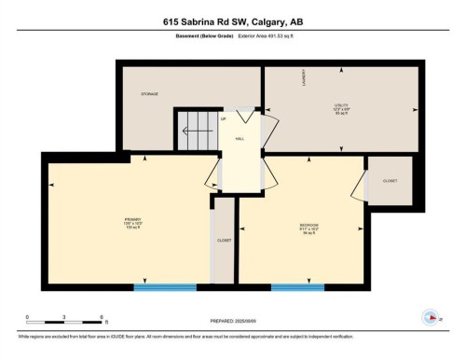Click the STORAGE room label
point(149,94)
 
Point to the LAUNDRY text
point(302,78)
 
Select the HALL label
point(240,139)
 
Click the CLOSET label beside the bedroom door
point(390,180)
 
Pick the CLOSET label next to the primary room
point(224,240)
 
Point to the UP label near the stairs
point(223,118)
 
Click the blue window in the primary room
point(165,287)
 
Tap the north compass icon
point(430,315)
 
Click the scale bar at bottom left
point(64,322)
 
